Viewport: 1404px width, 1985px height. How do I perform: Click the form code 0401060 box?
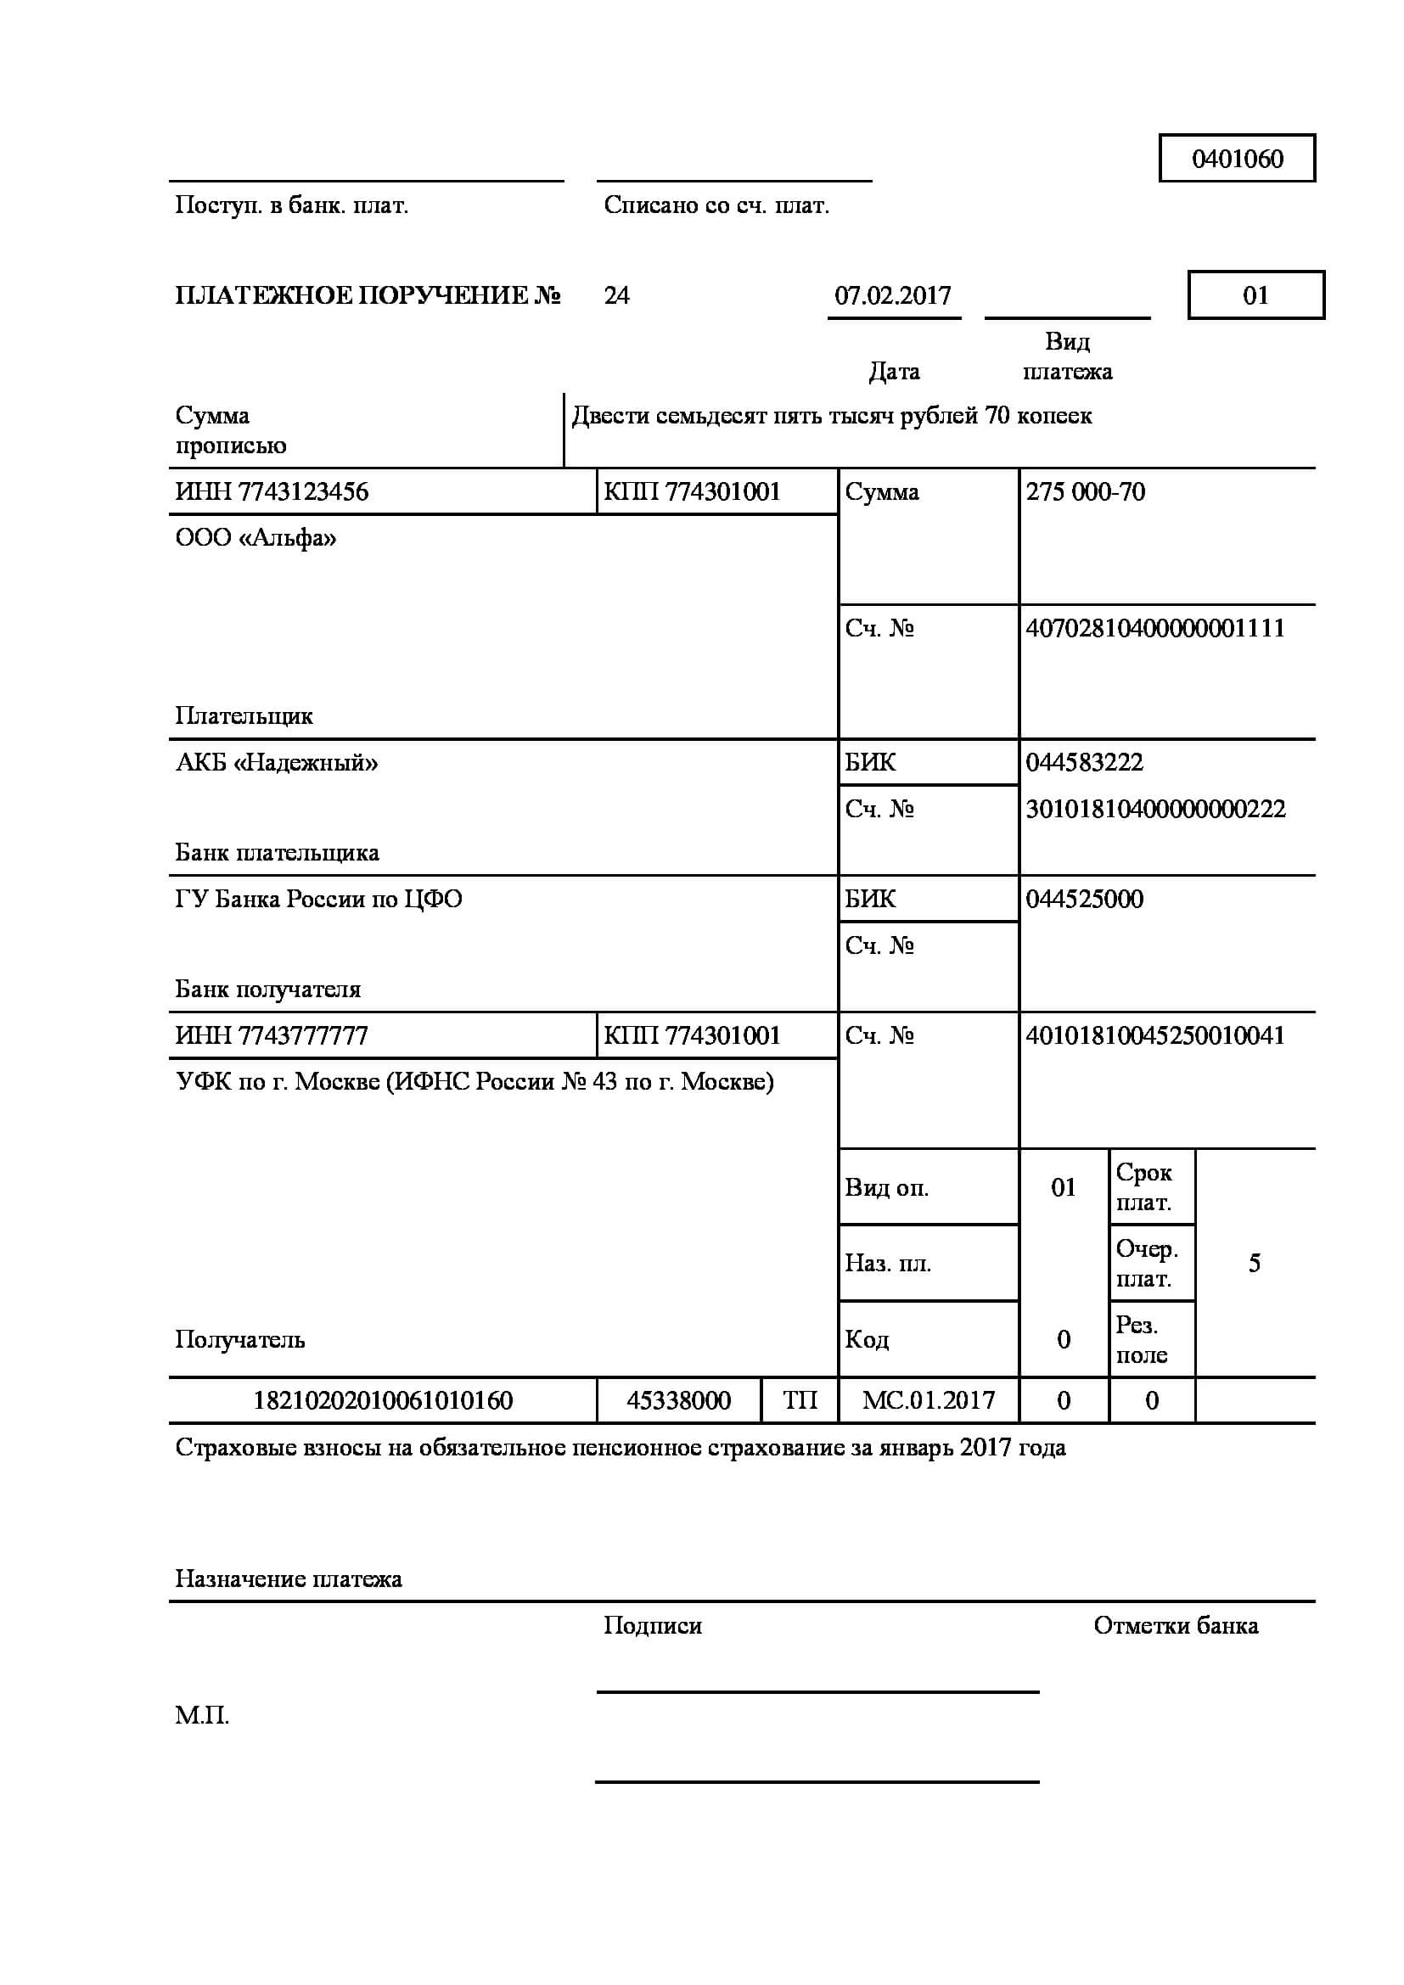[x=1236, y=158]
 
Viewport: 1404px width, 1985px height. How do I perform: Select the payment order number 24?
[x=616, y=295]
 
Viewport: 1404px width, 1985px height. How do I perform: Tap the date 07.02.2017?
[x=892, y=295]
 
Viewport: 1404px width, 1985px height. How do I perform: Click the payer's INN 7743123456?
[x=272, y=492]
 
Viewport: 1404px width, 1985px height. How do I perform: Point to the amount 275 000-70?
[x=1085, y=492]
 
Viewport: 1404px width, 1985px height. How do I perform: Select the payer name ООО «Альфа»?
[x=256, y=538]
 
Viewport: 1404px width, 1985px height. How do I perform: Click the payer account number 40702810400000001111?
[x=1155, y=628]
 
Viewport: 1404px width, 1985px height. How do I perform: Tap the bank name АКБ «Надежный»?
[x=277, y=763]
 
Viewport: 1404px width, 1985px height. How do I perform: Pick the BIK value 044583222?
[x=1084, y=763]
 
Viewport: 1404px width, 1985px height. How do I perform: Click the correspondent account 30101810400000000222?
[x=1155, y=810]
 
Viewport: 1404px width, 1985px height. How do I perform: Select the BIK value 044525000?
[x=1084, y=899]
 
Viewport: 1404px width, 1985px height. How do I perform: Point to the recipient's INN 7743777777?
[x=272, y=1035]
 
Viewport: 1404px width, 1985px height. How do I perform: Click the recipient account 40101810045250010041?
[x=1155, y=1035]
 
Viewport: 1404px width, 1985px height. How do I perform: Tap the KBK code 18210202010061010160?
[x=383, y=1400]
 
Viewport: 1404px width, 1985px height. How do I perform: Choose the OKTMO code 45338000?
[x=679, y=1400]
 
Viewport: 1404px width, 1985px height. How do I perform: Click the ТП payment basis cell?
[x=800, y=1400]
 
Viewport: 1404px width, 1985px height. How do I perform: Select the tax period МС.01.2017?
[x=929, y=1400]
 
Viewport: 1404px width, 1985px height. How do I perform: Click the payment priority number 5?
[x=1255, y=1264]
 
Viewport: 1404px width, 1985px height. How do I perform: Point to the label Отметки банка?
[x=1176, y=1626]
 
